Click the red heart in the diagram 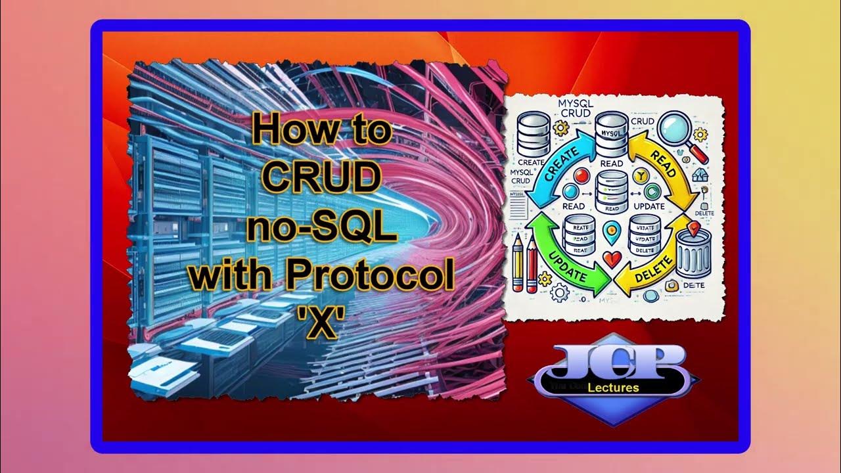click(x=612, y=259)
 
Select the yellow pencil click(x=517, y=263)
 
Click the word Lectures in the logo click(x=614, y=388)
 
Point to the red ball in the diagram click(x=581, y=175)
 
